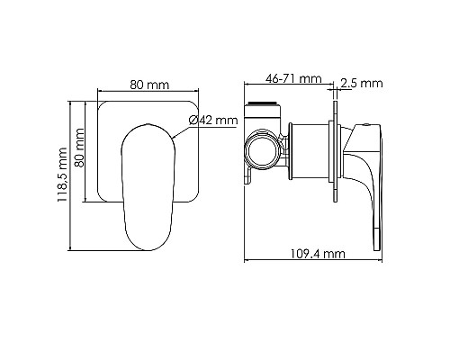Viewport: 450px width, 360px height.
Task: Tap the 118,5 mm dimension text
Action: (x=61, y=178)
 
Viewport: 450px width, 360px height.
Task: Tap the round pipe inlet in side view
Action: (x=262, y=148)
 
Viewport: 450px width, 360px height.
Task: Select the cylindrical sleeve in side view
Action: (x=314, y=148)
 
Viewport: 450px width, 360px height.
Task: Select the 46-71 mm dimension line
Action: (x=292, y=87)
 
